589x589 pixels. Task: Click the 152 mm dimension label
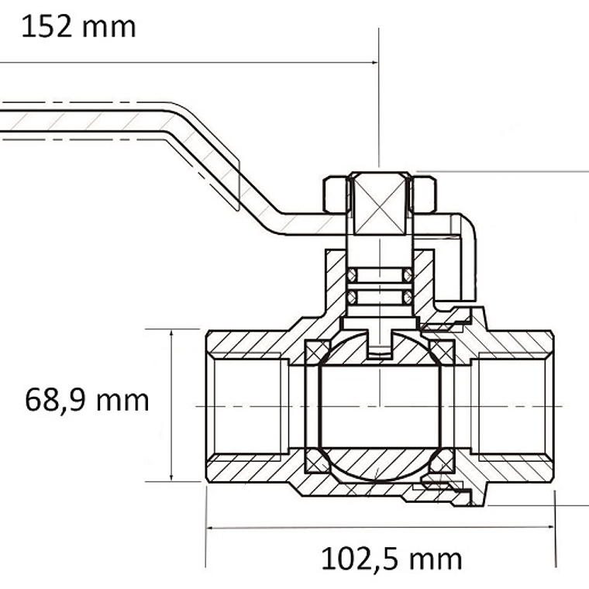point(78,26)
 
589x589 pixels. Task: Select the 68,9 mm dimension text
point(87,401)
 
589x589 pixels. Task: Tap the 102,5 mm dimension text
point(391,559)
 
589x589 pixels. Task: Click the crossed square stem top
point(380,205)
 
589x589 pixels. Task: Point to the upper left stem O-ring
point(351,275)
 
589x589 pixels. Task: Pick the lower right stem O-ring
point(408,298)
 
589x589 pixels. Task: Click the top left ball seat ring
point(317,353)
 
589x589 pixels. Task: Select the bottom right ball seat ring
point(442,460)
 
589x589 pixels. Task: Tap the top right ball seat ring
point(442,353)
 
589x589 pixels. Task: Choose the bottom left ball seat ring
point(317,460)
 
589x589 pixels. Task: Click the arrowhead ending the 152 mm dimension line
point(374,62)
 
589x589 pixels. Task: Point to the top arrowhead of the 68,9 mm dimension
point(171,333)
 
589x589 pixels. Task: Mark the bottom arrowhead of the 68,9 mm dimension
point(171,477)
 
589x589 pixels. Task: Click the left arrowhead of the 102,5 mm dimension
point(210,528)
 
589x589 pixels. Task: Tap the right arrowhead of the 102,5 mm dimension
point(551,527)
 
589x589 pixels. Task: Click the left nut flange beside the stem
point(336,195)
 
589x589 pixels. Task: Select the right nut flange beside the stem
point(425,195)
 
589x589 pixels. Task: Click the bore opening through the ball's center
point(380,406)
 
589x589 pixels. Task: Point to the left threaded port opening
point(248,406)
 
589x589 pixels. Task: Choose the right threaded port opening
point(512,406)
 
